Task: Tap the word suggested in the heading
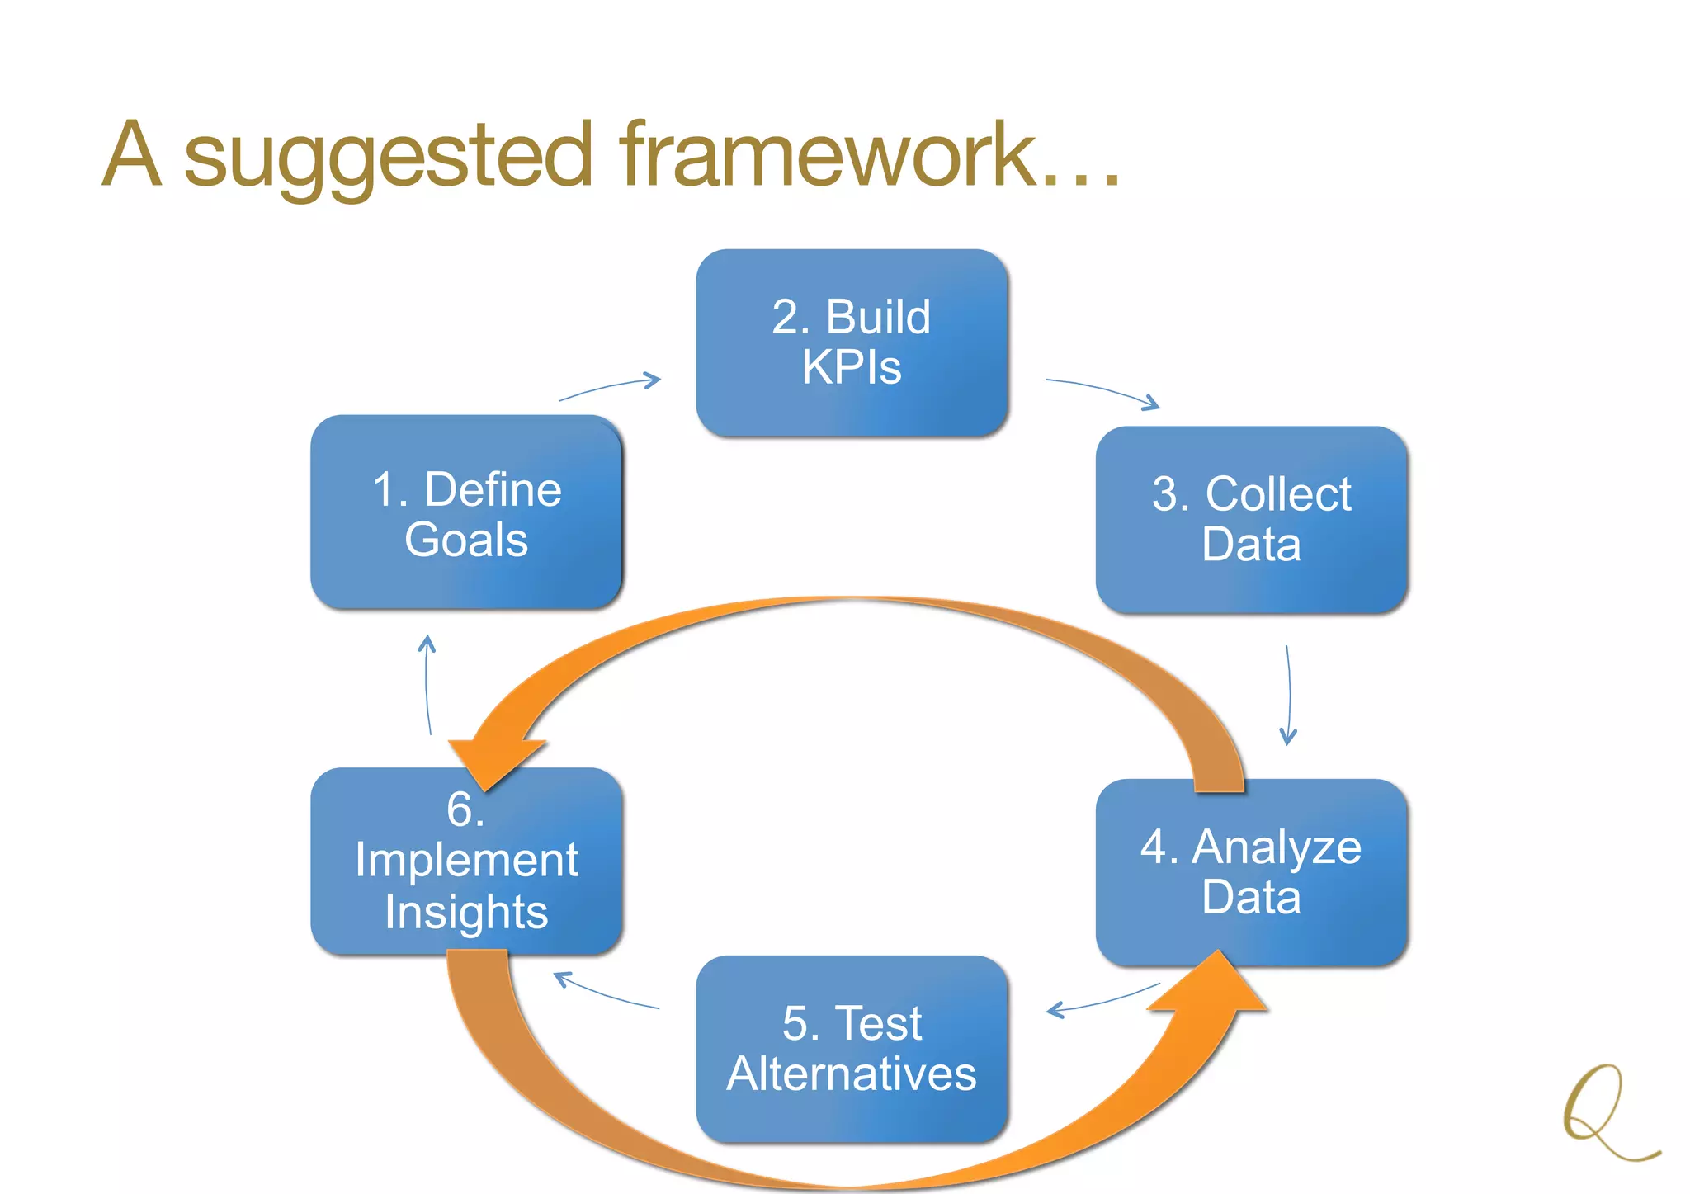[x=388, y=157]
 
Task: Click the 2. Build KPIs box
[x=852, y=342]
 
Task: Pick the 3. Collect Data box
[x=1251, y=519]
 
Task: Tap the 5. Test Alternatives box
[x=852, y=1049]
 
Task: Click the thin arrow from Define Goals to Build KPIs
[x=611, y=388]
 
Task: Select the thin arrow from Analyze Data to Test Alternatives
[x=1102, y=1000]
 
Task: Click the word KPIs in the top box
[x=852, y=367]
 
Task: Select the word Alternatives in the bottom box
[x=852, y=1074]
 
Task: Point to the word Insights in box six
[x=466, y=912]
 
